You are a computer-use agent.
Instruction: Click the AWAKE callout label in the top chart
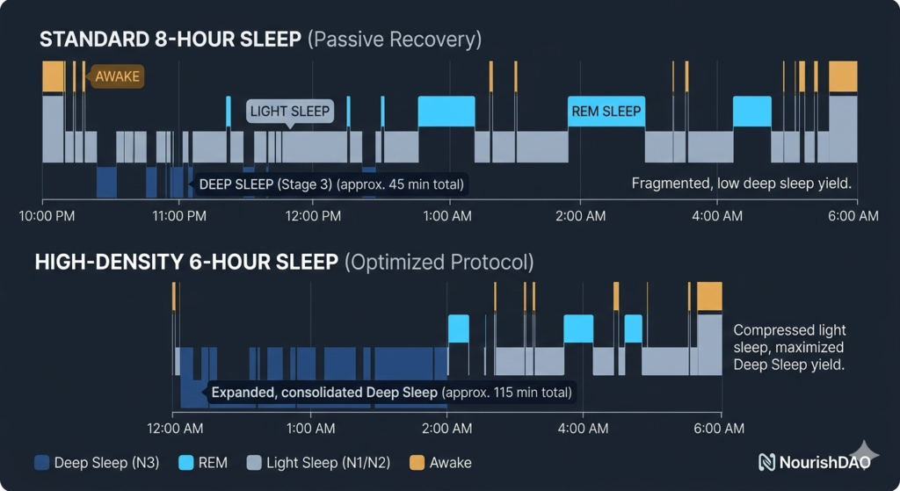117,76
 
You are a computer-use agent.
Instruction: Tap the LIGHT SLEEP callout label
289,111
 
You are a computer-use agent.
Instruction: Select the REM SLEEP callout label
606,111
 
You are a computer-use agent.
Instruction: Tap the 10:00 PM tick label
45,215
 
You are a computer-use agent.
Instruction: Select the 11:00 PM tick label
179,215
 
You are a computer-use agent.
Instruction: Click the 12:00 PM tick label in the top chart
314,215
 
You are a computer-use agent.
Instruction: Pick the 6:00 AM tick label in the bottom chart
721,429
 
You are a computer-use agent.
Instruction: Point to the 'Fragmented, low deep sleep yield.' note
741,184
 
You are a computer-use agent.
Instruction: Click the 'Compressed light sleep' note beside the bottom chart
789,347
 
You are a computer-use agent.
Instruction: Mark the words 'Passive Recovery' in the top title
395,40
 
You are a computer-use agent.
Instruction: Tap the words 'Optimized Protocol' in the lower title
439,262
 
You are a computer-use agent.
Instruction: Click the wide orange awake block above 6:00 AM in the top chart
843,76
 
